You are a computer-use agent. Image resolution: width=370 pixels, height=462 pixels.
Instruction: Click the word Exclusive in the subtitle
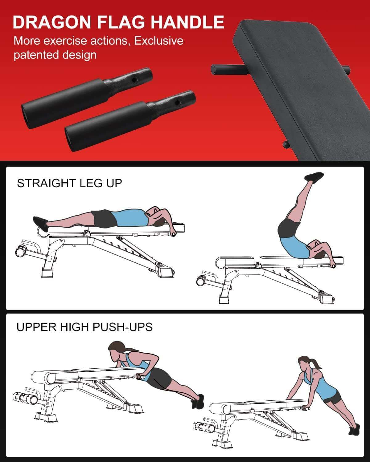(x=159, y=41)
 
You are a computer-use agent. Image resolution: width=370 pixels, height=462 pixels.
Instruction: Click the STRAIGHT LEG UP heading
(x=69, y=183)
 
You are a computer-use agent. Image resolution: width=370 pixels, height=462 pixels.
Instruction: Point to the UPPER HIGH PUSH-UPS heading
(x=84, y=327)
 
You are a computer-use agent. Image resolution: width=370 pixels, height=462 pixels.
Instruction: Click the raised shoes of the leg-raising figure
(x=314, y=178)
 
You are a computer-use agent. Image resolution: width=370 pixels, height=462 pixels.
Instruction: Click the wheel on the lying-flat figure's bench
(x=21, y=251)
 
